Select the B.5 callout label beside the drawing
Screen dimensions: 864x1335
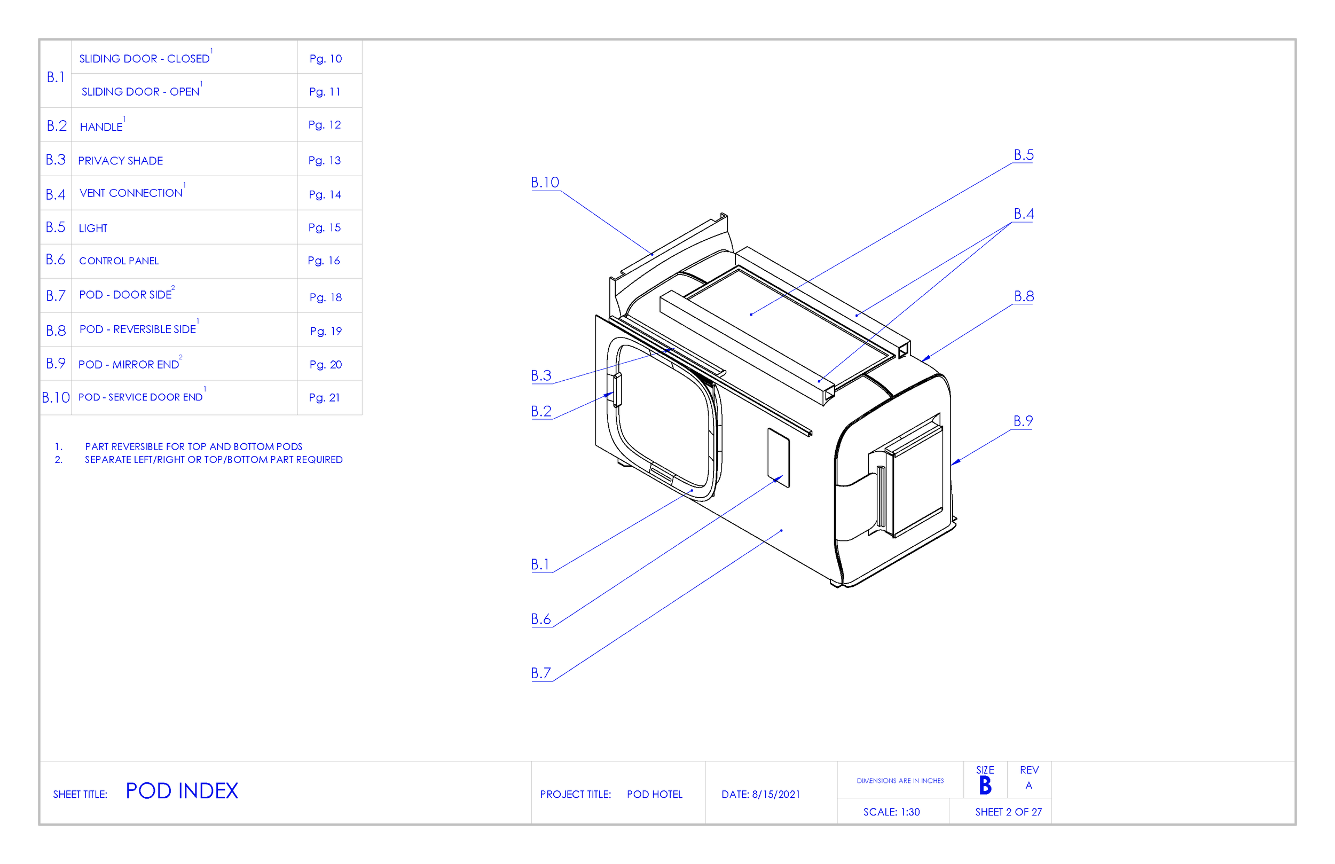[x=1023, y=155]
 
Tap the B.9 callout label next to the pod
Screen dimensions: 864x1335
[x=1023, y=421]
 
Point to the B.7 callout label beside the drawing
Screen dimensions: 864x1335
[x=541, y=673]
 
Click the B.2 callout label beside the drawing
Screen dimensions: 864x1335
[x=541, y=411]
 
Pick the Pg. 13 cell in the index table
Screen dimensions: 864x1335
[x=324, y=160]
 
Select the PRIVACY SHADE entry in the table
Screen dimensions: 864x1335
[x=120, y=161]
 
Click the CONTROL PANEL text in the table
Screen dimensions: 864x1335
[x=119, y=261]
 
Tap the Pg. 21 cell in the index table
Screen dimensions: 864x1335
[x=324, y=398]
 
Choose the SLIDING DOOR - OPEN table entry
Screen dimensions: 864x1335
[x=140, y=91]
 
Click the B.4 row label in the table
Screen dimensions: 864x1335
[x=56, y=195]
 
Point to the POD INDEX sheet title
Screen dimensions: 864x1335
[x=182, y=791]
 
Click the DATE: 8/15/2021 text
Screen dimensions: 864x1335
[x=760, y=795]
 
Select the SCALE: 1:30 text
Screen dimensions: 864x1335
[x=891, y=812]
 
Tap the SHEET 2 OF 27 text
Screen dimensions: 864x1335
[x=1008, y=812]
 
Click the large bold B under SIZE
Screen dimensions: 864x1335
[x=985, y=786]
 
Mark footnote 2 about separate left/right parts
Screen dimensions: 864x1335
[x=213, y=459]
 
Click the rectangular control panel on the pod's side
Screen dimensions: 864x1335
[x=778, y=458]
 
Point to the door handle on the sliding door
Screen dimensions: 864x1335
[x=618, y=389]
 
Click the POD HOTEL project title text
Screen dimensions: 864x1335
[x=654, y=795]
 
